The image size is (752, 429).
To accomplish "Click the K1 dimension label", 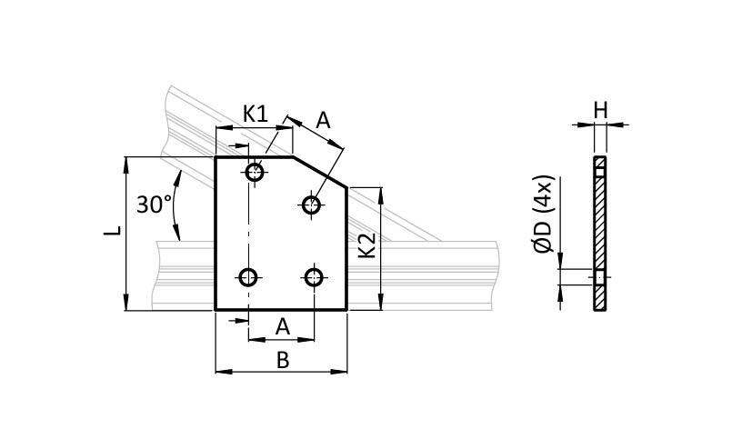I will pyautogui.click(x=256, y=115).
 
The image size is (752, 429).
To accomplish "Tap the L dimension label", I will pyautogui.click(x=112, y=232).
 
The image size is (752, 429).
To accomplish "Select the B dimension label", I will pyautogui.click(x=283, y=360).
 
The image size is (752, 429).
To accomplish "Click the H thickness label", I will pyautogui.click(x=600, y=110).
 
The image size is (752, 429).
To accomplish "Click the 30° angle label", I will pyautogui.click(x=154, y=205).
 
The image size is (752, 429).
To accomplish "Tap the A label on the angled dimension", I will pyautogui.click(x=323, y=119).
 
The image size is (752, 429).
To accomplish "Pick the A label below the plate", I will pyautogui.click(x=283, y=325).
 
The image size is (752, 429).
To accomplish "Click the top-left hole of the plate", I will pyautogui.click(x=255, y=172).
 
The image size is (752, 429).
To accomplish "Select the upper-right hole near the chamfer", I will pyautogui.click(x=312, y=204).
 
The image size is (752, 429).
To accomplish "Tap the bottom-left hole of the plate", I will pyautogui.click(x=248, y=277).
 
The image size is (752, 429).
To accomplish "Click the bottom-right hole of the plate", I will pyautogui.click(x=315, y=276).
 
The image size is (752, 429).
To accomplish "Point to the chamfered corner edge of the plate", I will pyautogui.click(x=319, y=173).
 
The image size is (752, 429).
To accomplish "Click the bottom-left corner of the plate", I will pyautogui.click(x=216, y=310).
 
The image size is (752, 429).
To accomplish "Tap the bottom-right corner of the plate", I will pyautogui.click(x=347, y=310).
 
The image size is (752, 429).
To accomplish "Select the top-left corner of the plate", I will pyautogui.click(x=216, y=158).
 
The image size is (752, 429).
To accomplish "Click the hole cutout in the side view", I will pyautogui.click(x=599, y=276).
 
